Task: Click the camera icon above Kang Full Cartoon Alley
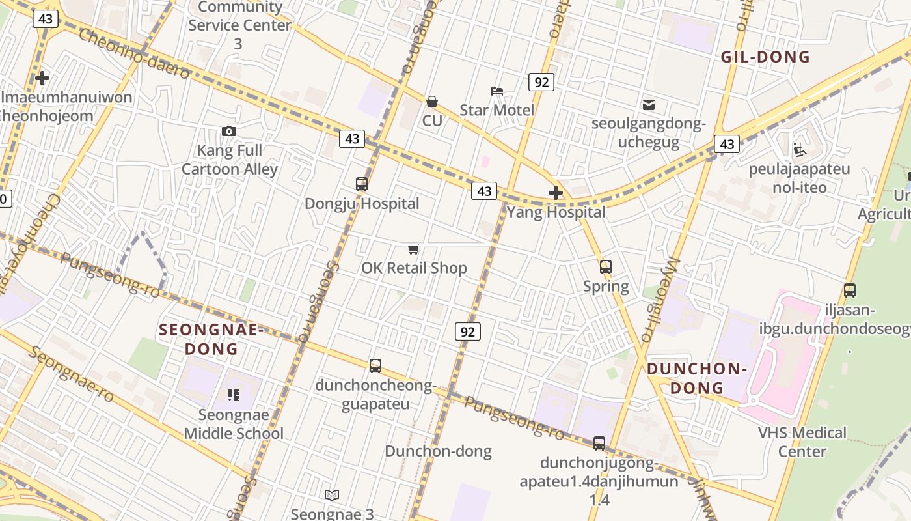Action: click(228, 131)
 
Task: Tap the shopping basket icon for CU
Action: click(431, 102)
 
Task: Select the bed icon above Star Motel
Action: click(497, 91)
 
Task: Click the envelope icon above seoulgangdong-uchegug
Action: click(649, 104)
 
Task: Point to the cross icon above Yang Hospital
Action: click(556, 193)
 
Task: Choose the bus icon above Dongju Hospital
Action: click(362, 184)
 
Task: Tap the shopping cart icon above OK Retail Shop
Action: click(413, 249)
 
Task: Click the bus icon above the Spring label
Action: click(606, 267)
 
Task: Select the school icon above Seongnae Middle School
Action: click(233, 395)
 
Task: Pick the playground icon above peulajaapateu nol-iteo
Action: click(800, 150)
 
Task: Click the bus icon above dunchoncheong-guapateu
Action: click(375, 366)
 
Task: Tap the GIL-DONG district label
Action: click(765, 57)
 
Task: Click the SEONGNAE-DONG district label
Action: click(211, 339)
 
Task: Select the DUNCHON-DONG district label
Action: click(696, 378)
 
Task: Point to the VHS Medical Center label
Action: click(802, 442)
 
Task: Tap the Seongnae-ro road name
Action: click(72, 374)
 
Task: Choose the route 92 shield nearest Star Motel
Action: click(541, 82)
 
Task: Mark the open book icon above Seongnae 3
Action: click(332, 496)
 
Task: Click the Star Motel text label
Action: click(496, 110)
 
